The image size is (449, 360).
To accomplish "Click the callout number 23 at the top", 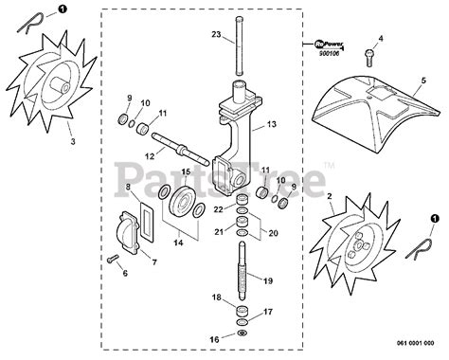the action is pyautogui.click(x=216, y=35).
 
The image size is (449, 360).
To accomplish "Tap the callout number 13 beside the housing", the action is pyautogui.click(x=271, y=123).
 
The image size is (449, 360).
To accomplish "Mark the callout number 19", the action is pyautogui.click(x=268, y=281).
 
